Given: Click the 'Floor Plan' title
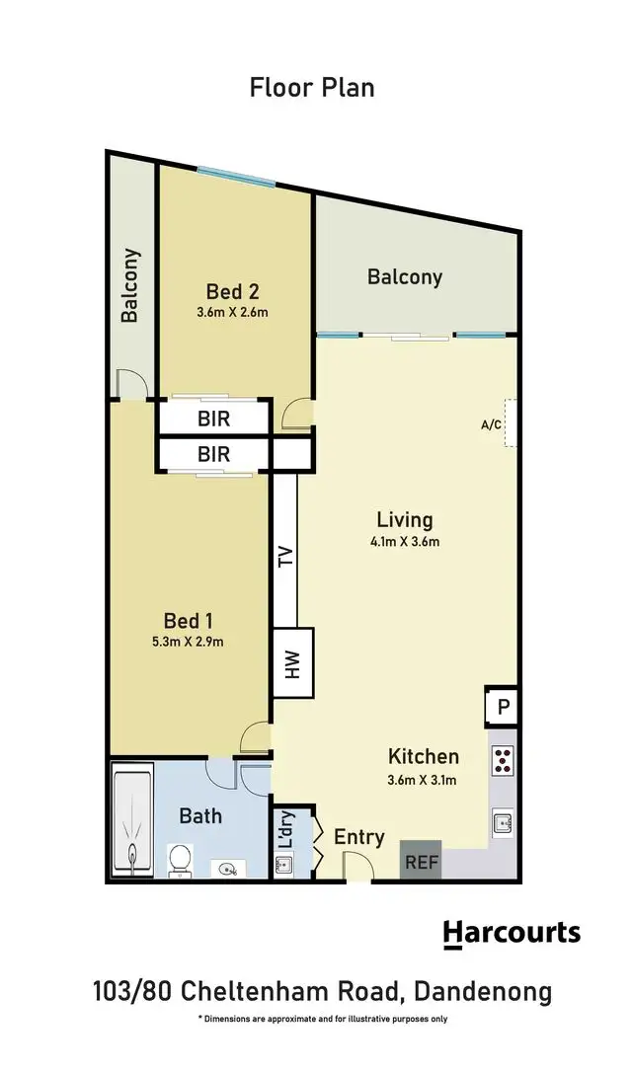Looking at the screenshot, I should click(312, 87).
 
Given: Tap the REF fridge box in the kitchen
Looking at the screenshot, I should click(420, 861).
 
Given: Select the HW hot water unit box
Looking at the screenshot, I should click(292, 663).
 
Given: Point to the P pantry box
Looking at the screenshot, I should click(502, 708).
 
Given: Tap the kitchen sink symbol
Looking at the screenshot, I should click(502, 822).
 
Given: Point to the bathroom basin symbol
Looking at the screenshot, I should click(230, 869).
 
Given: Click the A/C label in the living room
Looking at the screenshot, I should click(490, 425).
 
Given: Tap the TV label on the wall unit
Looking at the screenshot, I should click(285, 557).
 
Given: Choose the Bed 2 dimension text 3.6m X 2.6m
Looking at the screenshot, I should click(233, 312).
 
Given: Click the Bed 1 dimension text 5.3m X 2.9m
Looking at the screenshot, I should click(188, 642).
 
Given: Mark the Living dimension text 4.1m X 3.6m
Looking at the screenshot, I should click(405, 541).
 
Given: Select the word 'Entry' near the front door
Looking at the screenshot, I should click(358, 837).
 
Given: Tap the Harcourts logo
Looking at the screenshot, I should click(511, 933).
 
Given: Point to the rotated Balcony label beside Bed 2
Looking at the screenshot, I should click(130, 285).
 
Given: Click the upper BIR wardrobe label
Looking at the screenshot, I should click(213, 419).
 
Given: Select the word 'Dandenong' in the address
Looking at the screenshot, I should click(482, 990).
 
